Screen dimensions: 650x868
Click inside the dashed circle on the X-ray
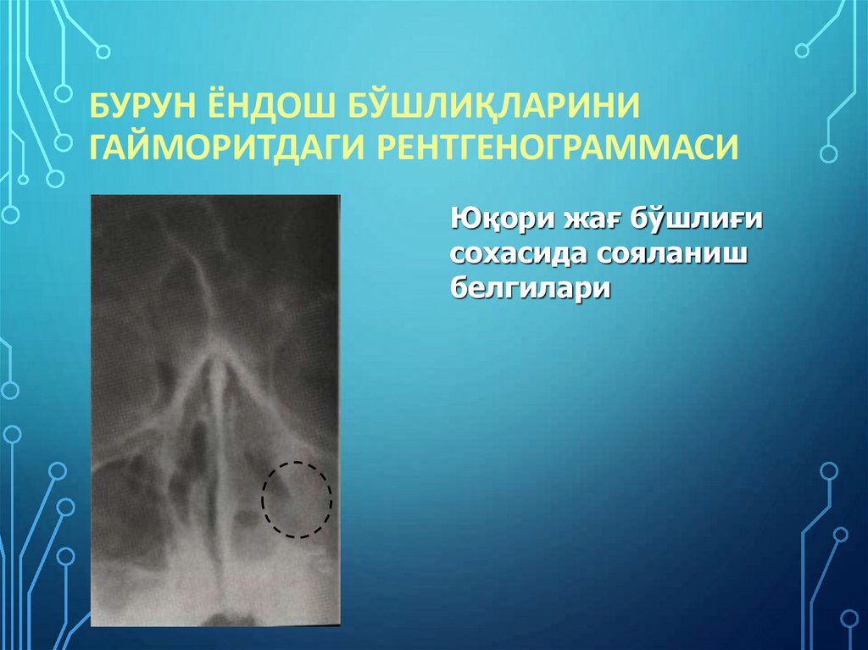(x=296, y=500)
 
